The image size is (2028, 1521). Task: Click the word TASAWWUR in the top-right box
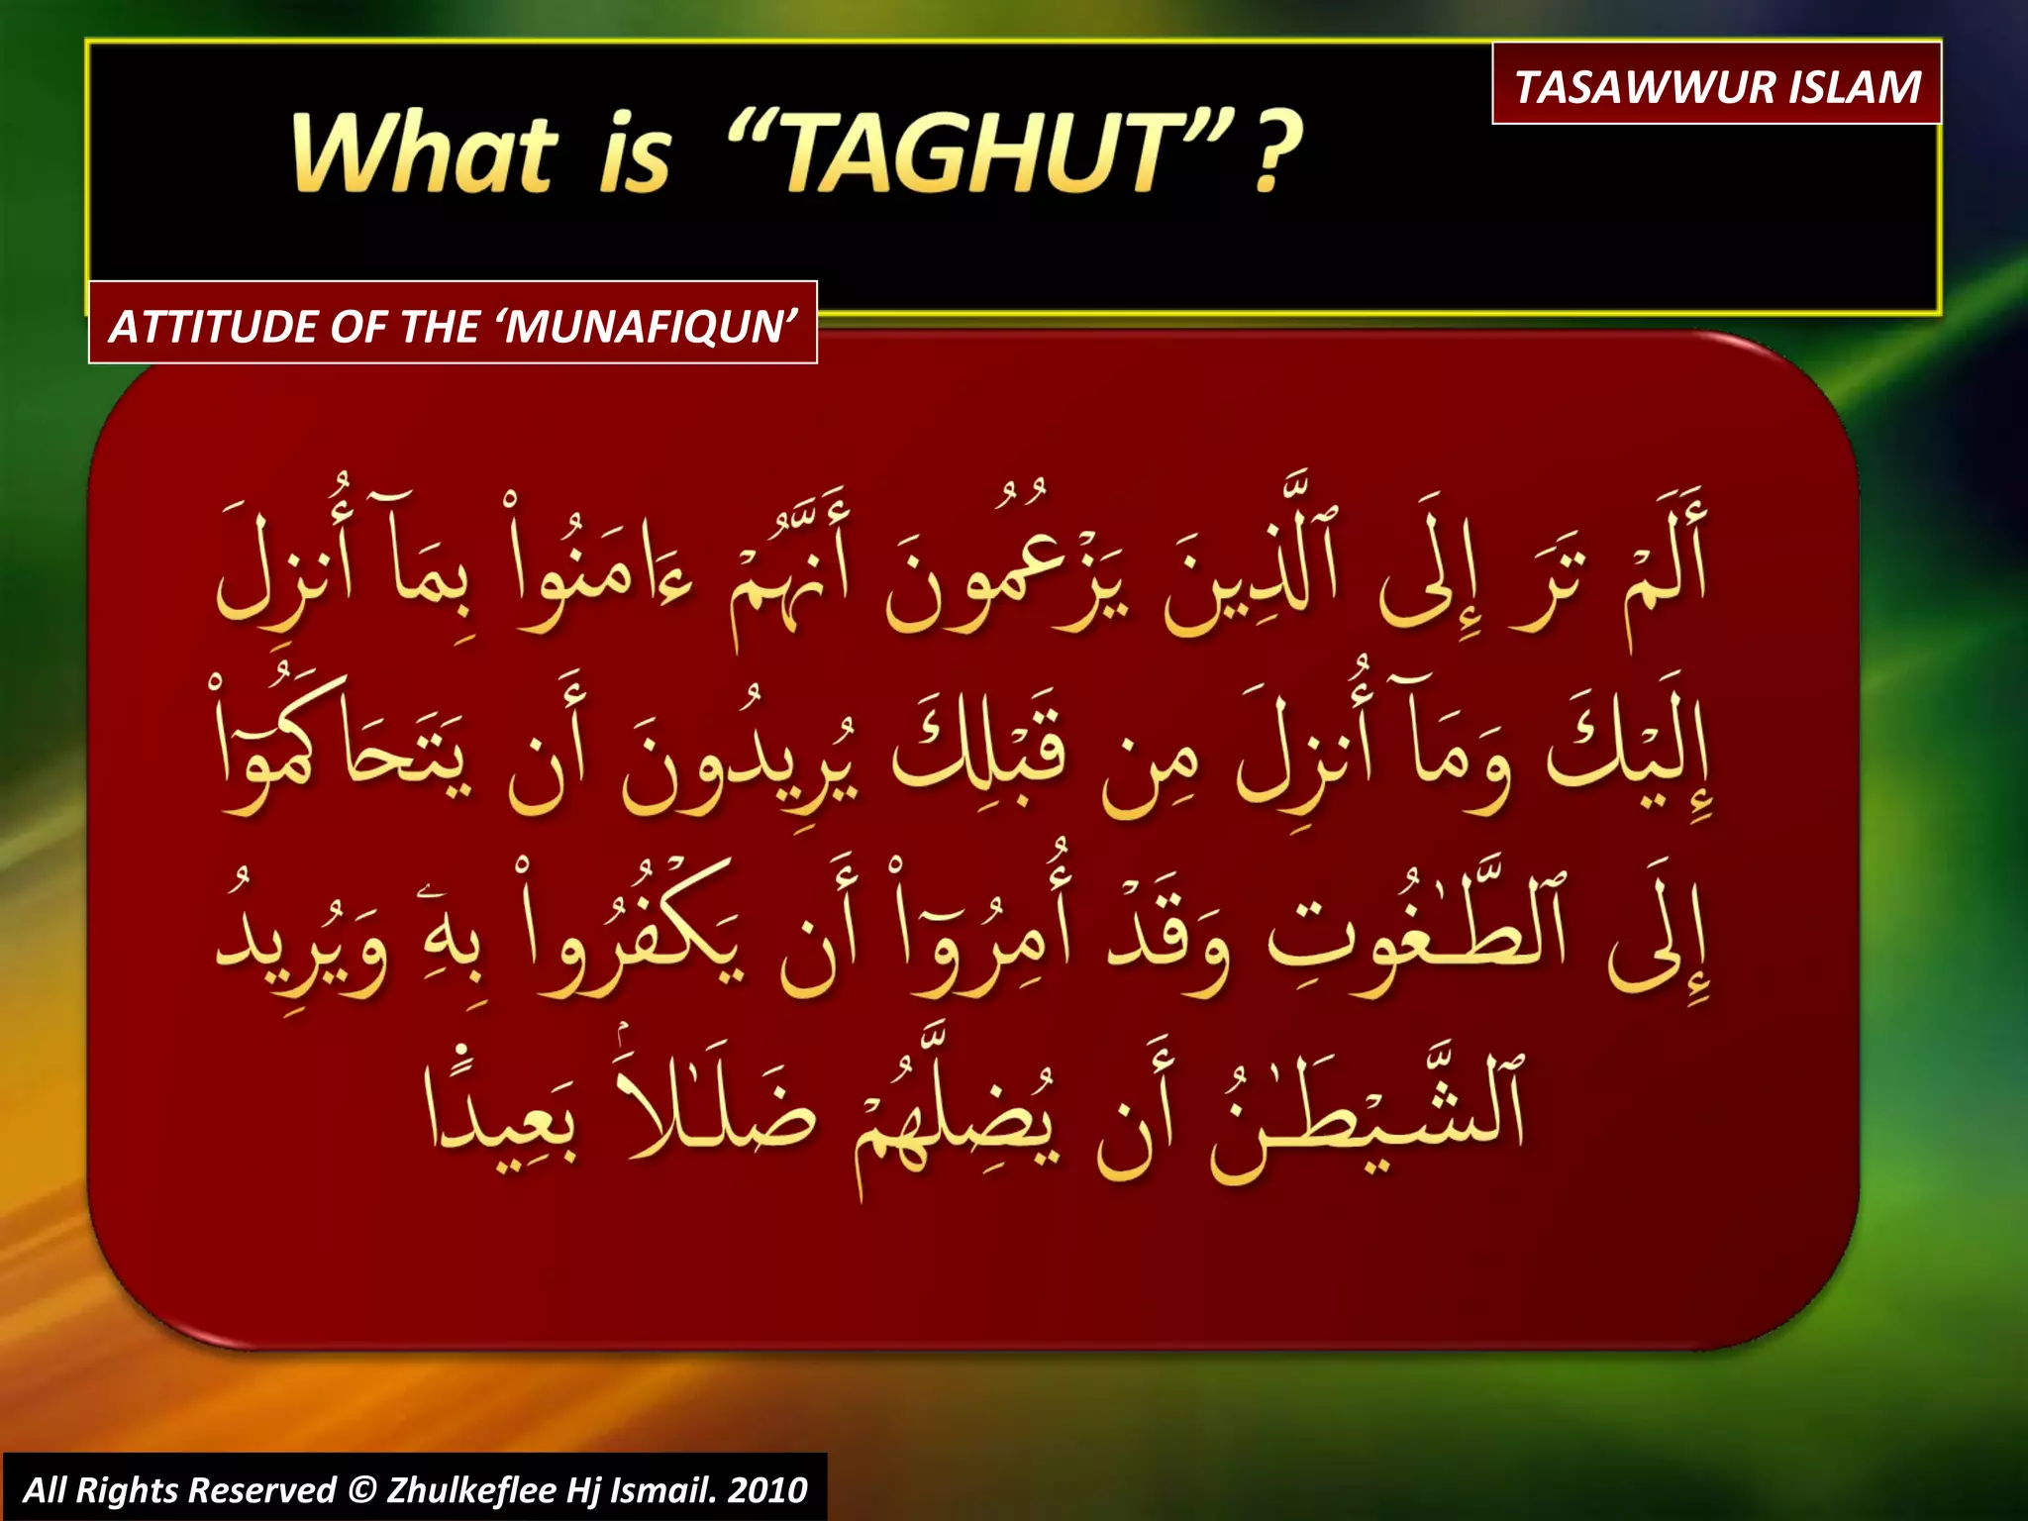(1645, 87)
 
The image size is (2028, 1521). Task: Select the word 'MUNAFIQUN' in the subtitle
(650, 327)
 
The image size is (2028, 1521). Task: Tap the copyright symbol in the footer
(361, 1489)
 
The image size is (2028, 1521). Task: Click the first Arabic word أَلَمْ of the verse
(1665, 564)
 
